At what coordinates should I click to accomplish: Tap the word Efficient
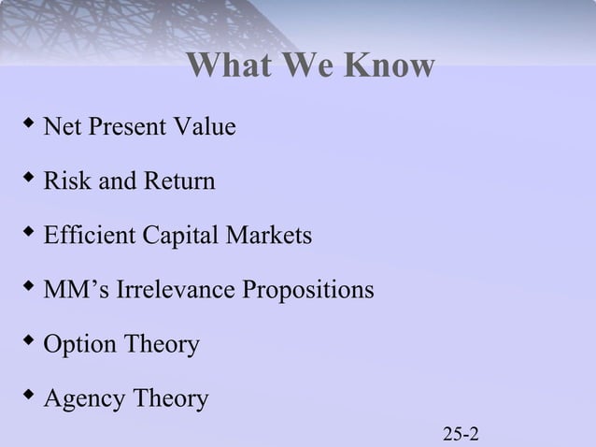click(90, 236)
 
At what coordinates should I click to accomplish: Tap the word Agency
click(85, 400)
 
